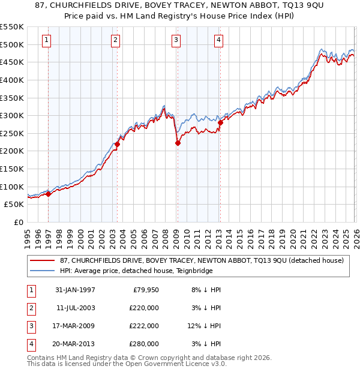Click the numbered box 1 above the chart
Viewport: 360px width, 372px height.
click(x=47, y=40)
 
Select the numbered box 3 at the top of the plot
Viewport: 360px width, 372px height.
click(x=176, y=40)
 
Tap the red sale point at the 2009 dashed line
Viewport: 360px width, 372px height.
click(x=178, y=143)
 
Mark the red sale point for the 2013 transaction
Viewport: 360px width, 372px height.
click(x=220, y=122)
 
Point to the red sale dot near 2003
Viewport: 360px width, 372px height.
click(x=118, y=144)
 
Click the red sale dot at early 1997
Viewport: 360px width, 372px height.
click(x=49, y=193)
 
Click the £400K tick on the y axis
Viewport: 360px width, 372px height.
click(x=13, y=80)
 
